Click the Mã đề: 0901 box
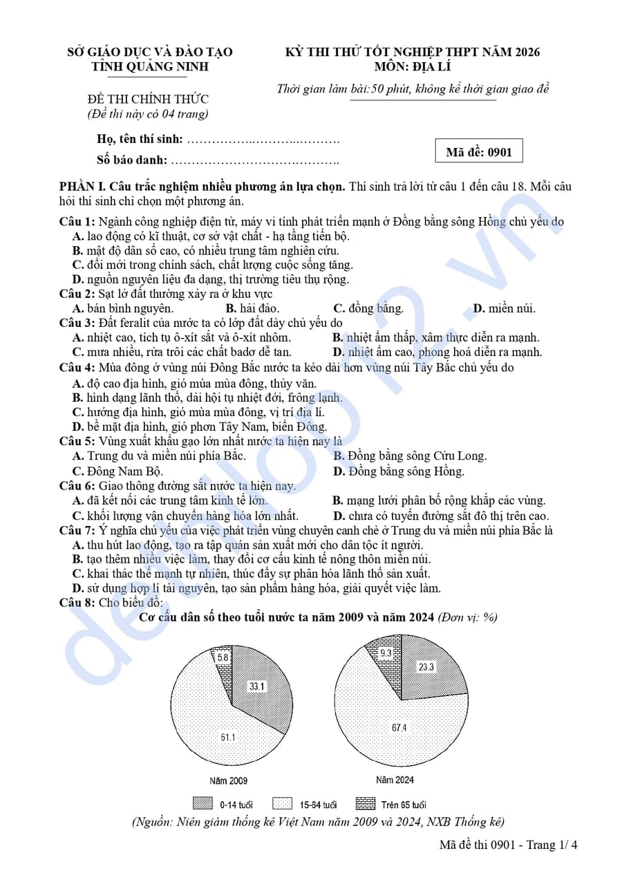[x=478, y=151]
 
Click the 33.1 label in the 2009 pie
[x=257, y=686]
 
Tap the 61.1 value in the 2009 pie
[x=228, y=738]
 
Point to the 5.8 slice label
[x=223, y=658]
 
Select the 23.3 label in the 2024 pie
[x=426, y=667]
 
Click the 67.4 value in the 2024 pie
[x=399, y=728]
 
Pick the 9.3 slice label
[x=386, y=653]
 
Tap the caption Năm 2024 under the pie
[x=395, y=780]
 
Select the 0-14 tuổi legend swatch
[x=202, y=804]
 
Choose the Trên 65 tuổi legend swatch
[x=366, y=804]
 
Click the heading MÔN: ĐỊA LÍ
[x=412, y=67]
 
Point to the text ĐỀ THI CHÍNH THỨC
[x=148, y=99]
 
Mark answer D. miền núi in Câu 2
[x=504, y=308]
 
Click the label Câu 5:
[x=77, y=441]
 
